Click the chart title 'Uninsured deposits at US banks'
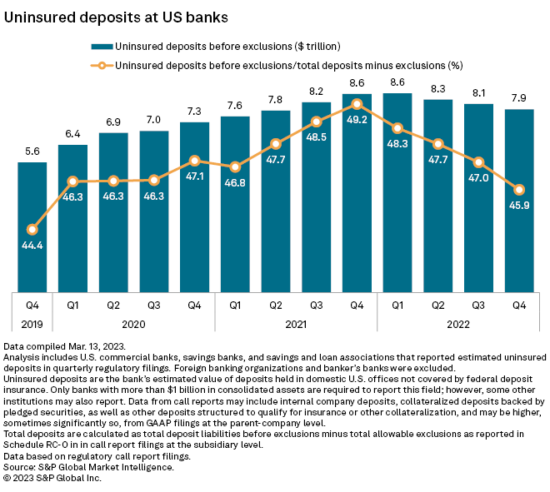117,16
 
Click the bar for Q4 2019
32,226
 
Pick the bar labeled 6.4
73,217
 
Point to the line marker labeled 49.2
357,104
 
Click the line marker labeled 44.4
32,230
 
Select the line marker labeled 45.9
519,189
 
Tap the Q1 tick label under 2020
73,304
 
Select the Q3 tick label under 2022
478,304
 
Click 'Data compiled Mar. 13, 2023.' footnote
65,345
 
